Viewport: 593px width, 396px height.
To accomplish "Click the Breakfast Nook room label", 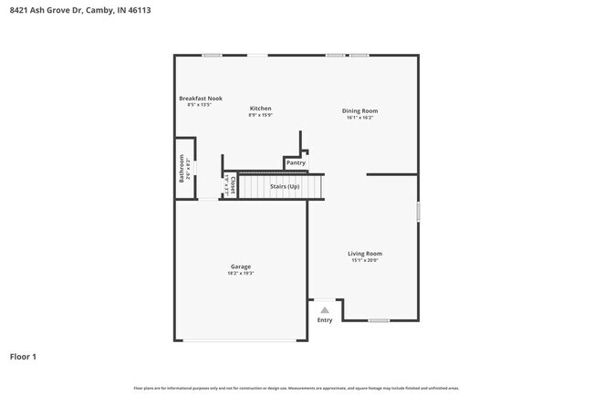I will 200,99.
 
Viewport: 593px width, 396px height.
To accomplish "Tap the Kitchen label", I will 260,109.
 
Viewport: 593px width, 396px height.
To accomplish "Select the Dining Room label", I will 359,110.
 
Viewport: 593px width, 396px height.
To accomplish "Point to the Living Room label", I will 364,254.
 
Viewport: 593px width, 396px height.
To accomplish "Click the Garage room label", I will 240,266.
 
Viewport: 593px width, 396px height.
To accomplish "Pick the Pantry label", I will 296,163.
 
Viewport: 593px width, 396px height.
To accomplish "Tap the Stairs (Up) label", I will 285,186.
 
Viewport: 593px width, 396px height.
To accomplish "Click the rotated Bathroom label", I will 182,171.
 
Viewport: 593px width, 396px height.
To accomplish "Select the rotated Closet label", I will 234,186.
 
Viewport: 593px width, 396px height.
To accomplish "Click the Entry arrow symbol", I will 324,310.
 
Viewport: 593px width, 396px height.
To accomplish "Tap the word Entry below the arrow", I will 325,320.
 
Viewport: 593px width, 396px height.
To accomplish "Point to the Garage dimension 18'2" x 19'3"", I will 240,273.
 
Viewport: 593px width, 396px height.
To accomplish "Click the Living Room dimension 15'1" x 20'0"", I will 364,260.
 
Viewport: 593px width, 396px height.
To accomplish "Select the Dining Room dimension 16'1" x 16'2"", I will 359,117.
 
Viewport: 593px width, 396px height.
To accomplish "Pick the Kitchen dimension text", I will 260,115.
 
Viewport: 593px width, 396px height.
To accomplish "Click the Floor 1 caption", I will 23,357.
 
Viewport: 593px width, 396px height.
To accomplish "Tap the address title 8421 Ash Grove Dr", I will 73,10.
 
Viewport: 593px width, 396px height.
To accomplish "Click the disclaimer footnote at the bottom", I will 296,388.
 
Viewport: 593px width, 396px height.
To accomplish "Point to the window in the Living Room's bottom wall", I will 378,320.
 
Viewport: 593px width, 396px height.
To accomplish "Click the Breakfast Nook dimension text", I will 199,105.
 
